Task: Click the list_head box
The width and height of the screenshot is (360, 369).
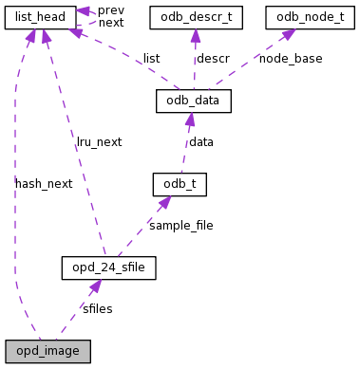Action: coord(40,17)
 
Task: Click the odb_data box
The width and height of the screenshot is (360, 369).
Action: coord(194,101)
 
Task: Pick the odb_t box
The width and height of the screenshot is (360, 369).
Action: coord(180,183)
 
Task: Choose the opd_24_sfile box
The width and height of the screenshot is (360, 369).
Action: coord(107,268)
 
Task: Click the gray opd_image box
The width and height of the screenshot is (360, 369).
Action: coord(47,351)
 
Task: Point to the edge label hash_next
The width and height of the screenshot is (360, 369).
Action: coord(44,183)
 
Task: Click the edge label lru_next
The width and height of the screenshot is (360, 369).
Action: coord(100,141)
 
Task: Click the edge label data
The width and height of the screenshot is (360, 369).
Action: coord(201,141)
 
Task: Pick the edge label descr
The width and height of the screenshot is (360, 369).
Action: coord(213,59)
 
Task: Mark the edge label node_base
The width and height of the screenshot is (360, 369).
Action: coord(291,59)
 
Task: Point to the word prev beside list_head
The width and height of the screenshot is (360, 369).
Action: coord(111,9)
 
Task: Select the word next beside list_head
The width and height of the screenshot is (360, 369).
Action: coord(111,22)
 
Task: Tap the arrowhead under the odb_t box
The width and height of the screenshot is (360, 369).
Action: coord(165,202)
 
